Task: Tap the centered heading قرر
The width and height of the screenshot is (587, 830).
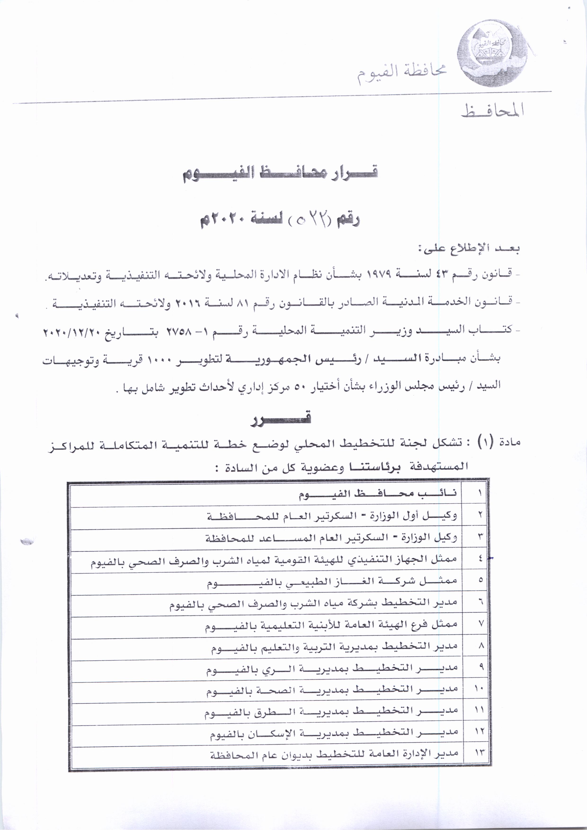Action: click(281, 419)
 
